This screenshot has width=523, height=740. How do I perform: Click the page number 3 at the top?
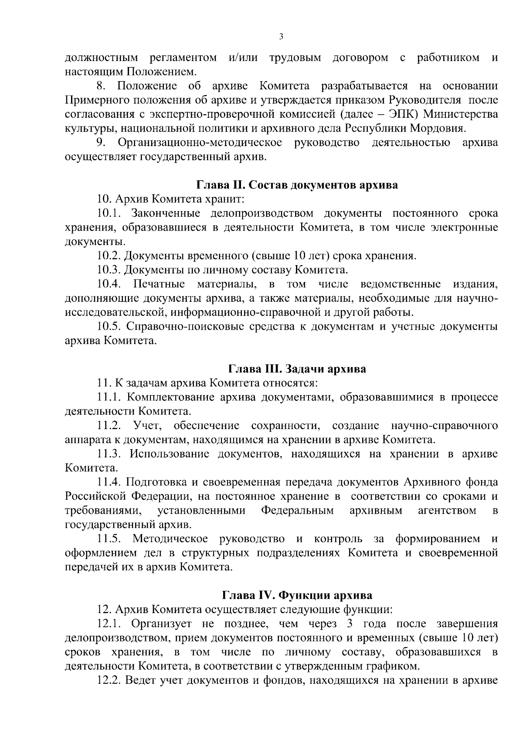281,37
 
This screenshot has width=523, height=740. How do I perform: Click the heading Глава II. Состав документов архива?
297,185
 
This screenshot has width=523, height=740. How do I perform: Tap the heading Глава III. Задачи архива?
297,369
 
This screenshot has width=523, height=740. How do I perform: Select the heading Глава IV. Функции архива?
297,595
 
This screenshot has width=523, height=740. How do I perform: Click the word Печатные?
159,284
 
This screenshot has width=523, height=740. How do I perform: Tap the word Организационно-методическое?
200,143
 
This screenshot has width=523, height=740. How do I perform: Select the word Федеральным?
298,510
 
